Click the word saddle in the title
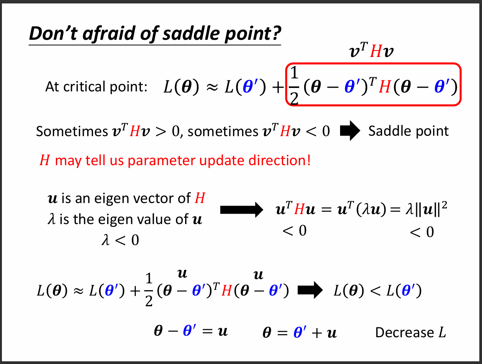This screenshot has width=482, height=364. (x=191, y=33)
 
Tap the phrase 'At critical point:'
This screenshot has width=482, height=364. (x=96, y=86)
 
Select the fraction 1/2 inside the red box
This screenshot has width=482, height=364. (x=294, y=86)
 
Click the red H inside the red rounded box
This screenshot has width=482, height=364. (x=385, y=87)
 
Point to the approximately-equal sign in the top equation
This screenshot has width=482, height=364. (x=212, y=87)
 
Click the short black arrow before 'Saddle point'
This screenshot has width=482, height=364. (x=350, y=130)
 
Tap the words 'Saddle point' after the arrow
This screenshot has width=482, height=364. (x=409, y=131)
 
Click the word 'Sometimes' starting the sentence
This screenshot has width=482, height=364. (x=72, y=132)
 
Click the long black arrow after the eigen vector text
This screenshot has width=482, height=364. (x=241, y=210)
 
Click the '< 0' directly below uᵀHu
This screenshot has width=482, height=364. (x=295, y=231)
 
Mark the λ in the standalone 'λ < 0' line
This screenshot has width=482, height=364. (x=106, y=240)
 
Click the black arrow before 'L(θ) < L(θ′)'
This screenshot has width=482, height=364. (x=310, y=290)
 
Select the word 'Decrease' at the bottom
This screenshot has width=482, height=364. (x=404, y=333)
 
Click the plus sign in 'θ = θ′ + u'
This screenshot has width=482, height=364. (x=317, y=333)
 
